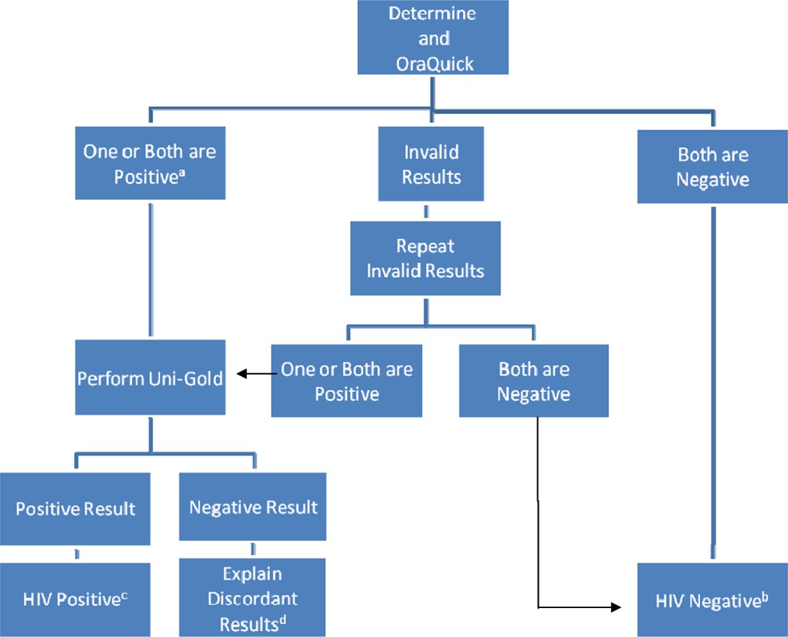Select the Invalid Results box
pos(431,164)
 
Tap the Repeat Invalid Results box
pos(425,258)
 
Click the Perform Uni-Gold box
pos(150,378)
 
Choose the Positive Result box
pos(76,507)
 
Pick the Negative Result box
pos(253,507)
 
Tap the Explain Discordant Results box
pos(253,597)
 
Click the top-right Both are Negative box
pos(712,166)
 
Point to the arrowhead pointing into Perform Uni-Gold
pos(242,374)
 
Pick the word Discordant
pos(253,598)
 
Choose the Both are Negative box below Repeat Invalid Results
pos(533,381)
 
